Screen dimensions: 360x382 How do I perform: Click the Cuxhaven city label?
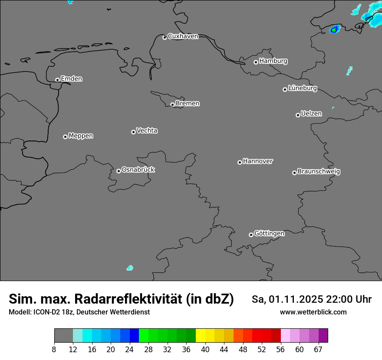pyautogui.click(x=183, y=36)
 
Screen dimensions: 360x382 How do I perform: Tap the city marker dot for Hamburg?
pyautogui.click(x=256, y=62)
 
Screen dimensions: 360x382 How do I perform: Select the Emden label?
pyautogui.click(x=71, y=79)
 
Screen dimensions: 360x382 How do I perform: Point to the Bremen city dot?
pyautogui.click(x=172, y=105)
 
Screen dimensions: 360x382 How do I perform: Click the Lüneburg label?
pyautogui.click(x=302, y=88)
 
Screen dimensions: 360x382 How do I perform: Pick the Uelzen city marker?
pyautogui.click(x=298, y=115)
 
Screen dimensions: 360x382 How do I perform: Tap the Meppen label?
pyautogui.click(x=81, y=136)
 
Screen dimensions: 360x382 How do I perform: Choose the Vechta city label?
pyautogui.click(x=147, y=131)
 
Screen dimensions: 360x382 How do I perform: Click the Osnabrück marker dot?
pyautogui.click(x=119, y=171)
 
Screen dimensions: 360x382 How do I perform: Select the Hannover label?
pyautogui.click(x=257, y=161)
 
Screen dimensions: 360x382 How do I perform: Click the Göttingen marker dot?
pyautogui.click(x=251, y=235)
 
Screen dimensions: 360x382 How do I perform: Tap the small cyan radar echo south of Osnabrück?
pyautogui.click(x=129, y=268)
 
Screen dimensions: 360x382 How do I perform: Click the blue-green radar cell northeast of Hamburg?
pyautogui.click(x=334, y=29)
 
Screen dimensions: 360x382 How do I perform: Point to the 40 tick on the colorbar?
pyautogui.click(x=205, y=350)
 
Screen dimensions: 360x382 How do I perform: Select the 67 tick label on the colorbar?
pyautogui.click(x=318, y=350)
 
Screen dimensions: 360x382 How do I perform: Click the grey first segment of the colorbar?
pyautogui.click(x=63, y=336)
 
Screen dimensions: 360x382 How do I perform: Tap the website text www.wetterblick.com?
pyautogui.click(x=313, y=312)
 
